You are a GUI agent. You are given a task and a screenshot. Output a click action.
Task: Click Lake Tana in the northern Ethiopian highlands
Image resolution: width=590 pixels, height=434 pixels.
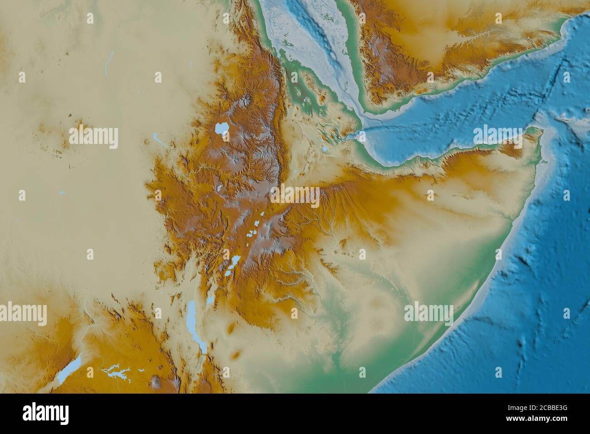pos(221,129)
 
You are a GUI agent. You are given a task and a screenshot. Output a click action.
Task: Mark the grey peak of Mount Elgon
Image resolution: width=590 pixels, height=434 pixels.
pos(157,381)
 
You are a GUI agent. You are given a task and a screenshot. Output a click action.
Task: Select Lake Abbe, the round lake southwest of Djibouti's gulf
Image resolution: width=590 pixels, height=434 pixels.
pos(325,148)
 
